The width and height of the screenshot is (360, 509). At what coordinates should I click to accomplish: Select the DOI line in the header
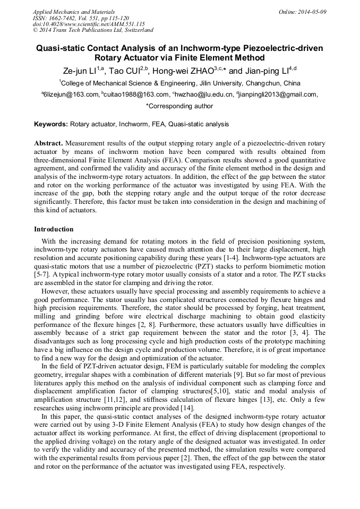(x=89, y=24)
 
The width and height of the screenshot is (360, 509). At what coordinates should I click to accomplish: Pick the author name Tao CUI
(x=128, y=71)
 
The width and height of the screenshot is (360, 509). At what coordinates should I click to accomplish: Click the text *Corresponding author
(x=179, y=106)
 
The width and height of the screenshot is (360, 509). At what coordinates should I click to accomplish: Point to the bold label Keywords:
(x=51, y=124)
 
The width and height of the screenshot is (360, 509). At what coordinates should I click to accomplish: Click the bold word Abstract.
(x=48, y=144)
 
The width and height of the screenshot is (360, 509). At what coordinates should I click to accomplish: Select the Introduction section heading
(x=54, y=229)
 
